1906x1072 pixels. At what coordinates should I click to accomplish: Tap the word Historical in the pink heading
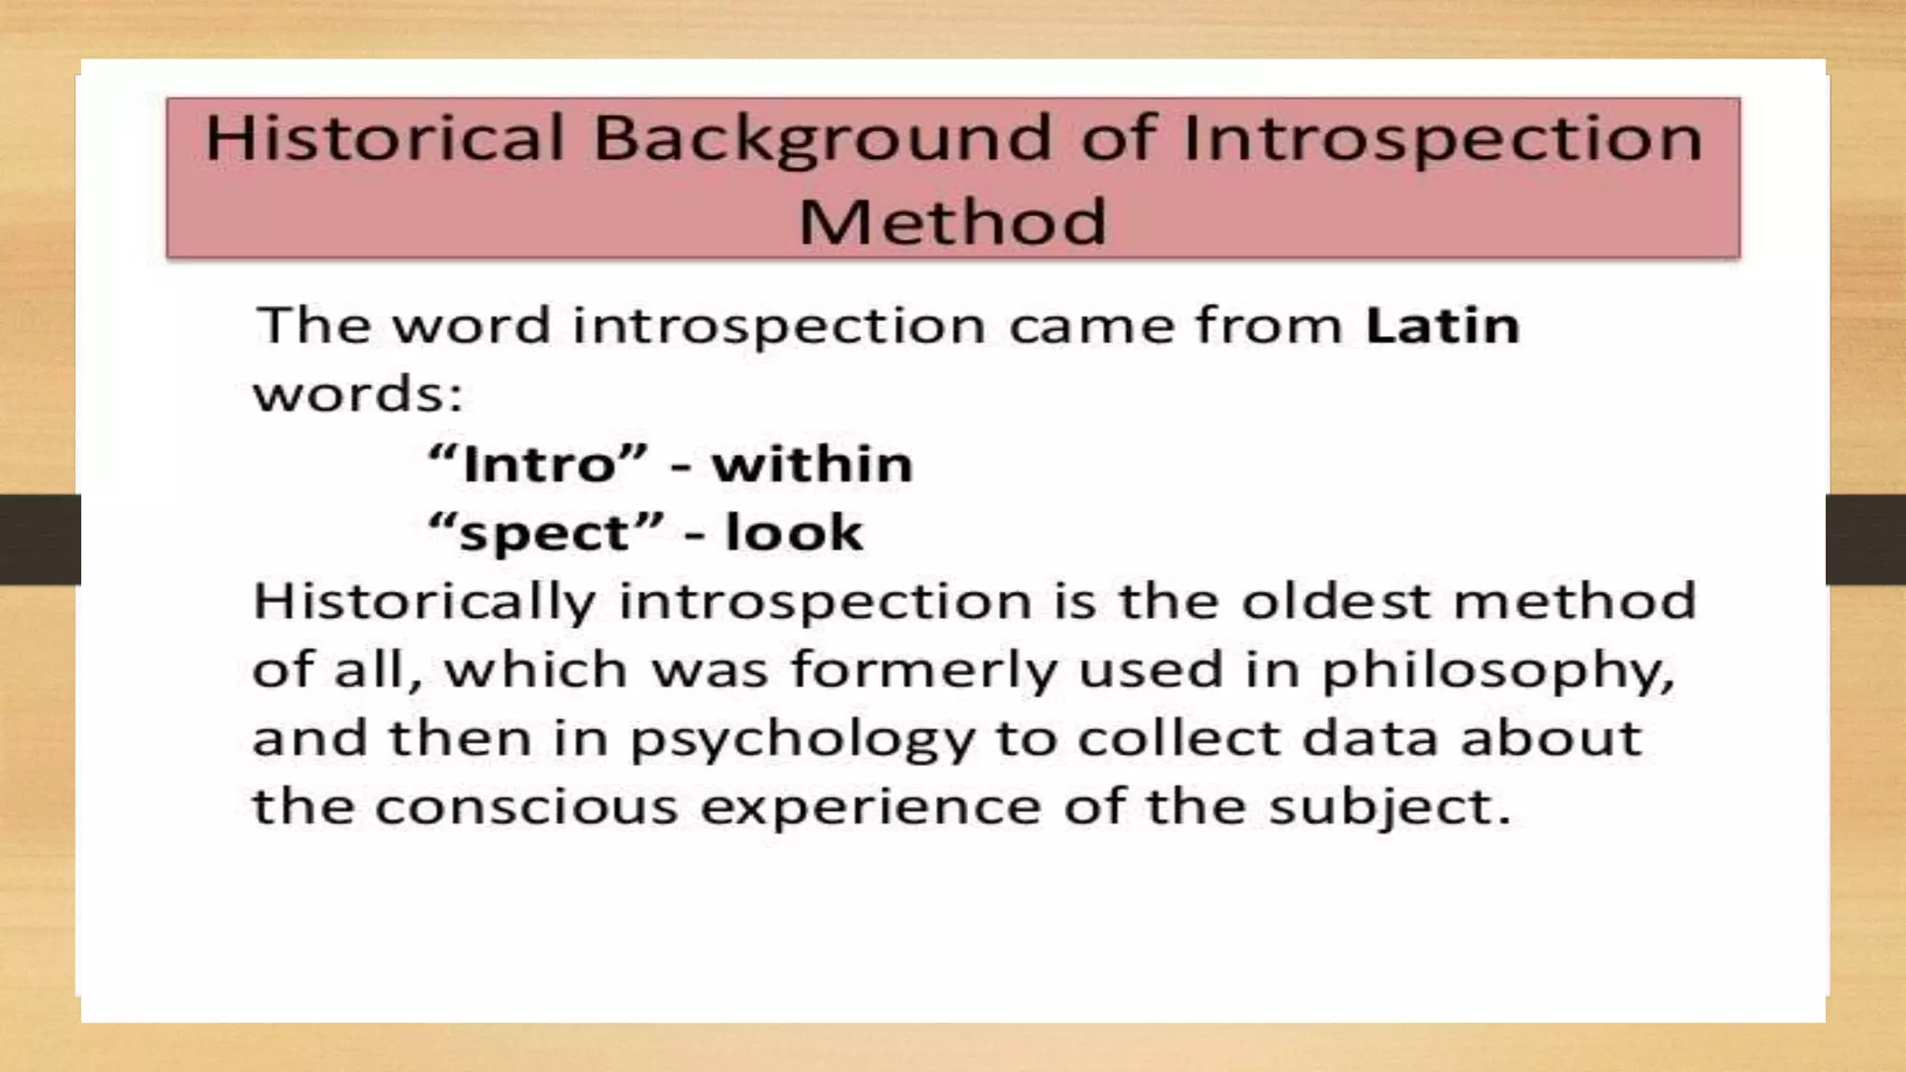tap(384, 138)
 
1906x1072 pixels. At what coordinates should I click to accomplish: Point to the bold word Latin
tap(1442, 326)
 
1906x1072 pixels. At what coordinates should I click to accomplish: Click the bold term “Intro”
tap(537, 463)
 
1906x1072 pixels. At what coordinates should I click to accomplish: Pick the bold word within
tap(812, 463)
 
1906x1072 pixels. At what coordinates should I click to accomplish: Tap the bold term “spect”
tap(546, 533)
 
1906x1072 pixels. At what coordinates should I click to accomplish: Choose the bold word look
tap(794, 532)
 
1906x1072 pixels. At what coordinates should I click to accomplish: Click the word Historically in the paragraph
tap(423, 601)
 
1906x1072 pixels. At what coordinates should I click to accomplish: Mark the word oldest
tap(1336, 601)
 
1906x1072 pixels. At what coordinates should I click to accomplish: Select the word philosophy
tap(1497, 671)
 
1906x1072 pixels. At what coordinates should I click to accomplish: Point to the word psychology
tap(802, 740)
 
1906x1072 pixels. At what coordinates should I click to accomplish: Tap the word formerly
tap(924, 670)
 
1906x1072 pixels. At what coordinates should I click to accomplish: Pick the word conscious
tap(527, 806)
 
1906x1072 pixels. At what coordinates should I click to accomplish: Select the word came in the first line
tap(1090, 326)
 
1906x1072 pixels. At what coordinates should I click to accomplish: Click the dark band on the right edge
tap(1865, 540)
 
